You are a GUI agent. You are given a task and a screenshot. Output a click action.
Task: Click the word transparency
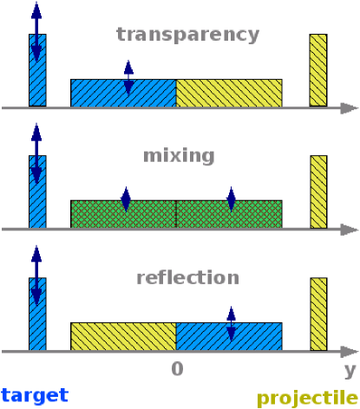(187, 35)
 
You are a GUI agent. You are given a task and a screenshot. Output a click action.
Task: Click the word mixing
(180, 156)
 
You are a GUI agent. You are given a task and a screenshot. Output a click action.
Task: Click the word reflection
(187, 278)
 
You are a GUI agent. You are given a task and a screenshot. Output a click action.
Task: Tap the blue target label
(34, 395)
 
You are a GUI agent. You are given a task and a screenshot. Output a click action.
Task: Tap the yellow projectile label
(307, 398)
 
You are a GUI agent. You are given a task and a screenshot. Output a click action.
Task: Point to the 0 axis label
(177, 369)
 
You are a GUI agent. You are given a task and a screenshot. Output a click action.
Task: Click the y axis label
(350, 371)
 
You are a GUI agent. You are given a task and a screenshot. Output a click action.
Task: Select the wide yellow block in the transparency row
(229, 93)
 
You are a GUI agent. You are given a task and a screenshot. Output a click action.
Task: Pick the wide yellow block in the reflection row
(123, 336)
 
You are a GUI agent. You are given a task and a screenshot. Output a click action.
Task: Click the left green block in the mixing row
(100, 214)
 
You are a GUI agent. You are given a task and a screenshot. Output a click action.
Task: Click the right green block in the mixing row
(252, 214)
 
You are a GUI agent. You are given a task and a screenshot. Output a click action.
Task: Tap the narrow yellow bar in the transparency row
(318, 70)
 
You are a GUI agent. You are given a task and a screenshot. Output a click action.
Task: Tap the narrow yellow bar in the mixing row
(318, 192)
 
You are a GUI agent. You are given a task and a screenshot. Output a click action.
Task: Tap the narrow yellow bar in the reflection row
(318, 314)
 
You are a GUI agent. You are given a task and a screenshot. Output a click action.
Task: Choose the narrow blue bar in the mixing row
(36, 192)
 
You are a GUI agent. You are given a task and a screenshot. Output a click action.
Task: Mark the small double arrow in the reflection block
(231, 324)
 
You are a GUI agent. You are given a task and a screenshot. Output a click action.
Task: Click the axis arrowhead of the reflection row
(350, 352)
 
